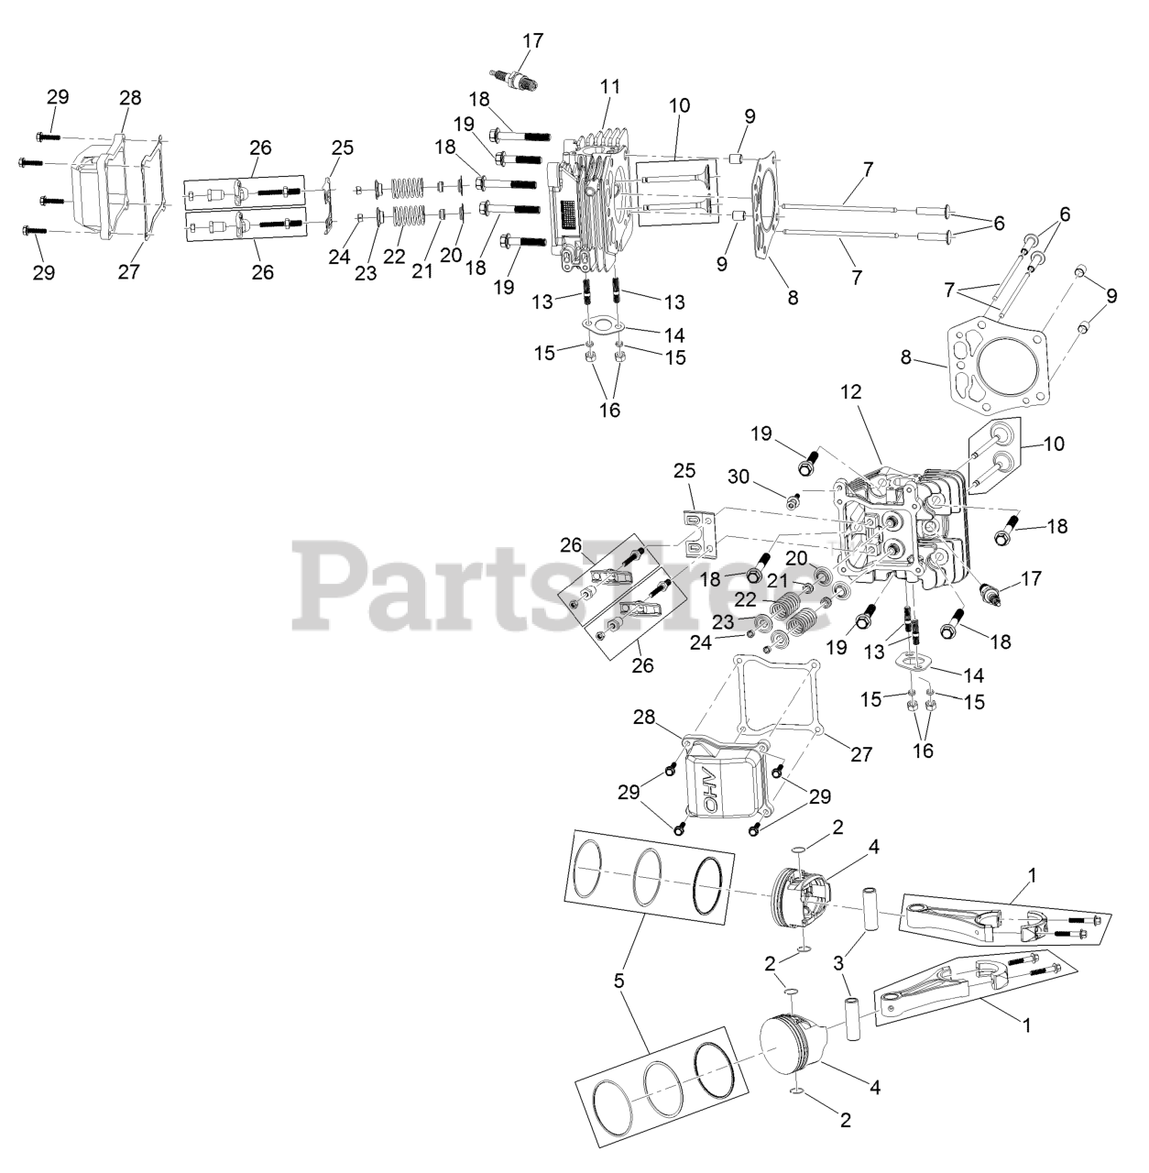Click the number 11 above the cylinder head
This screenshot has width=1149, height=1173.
pyautogui.click(x=610, y=87)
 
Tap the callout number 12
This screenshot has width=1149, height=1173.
pyautogui.click(x=851, y=392)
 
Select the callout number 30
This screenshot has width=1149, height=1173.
pyautogui.click(x=838, y=963)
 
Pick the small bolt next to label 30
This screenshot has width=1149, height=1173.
pyautogui.click(x=792, y=499)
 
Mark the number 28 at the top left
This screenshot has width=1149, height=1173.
pyautogui.click(x=130, y=98)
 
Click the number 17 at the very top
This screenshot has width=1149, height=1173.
pyautogui.click(x=532, y=41)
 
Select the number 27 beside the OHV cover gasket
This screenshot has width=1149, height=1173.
pyautogui.click(x=860, y=754)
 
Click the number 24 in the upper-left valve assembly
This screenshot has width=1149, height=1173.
pyautogui.click(x=340, y=258)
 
